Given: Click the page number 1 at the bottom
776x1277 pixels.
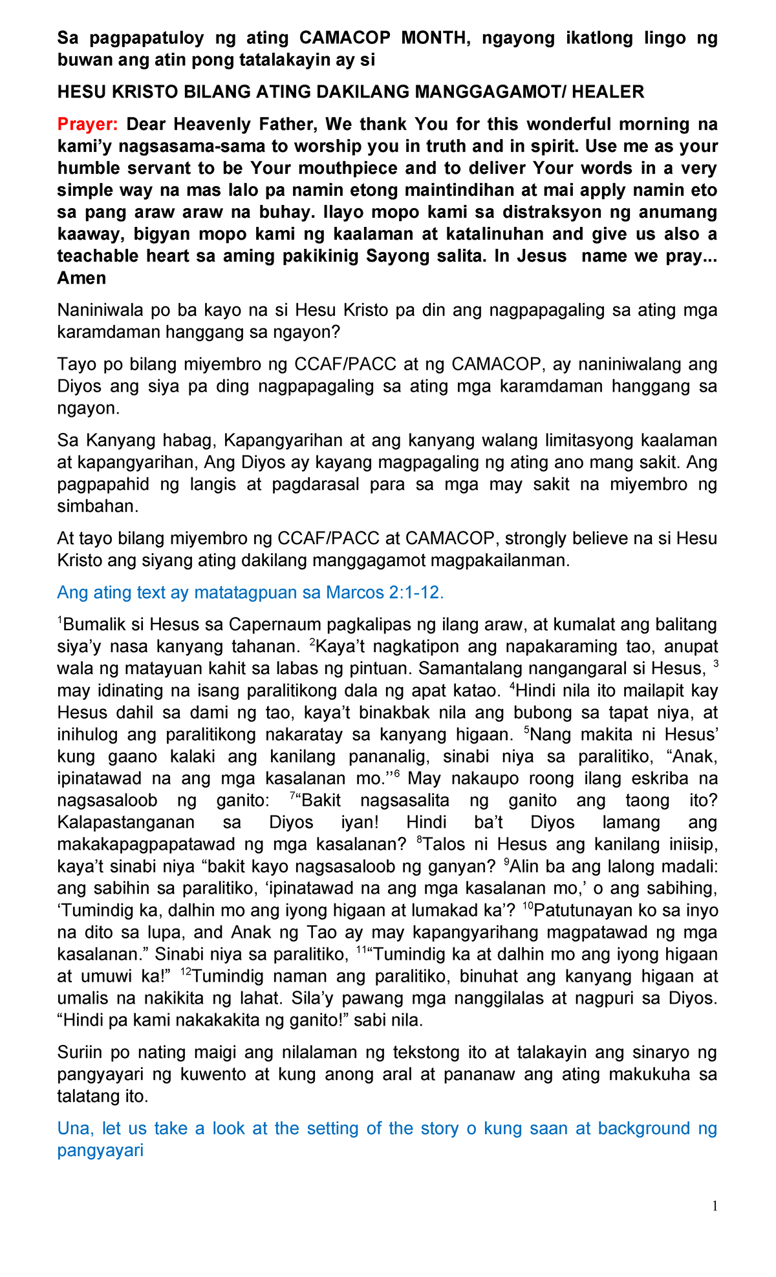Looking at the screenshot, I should pyautogui.click(x=715, y=1206).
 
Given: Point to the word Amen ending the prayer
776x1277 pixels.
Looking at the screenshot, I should pyautogui.click(x=81, y=278).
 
